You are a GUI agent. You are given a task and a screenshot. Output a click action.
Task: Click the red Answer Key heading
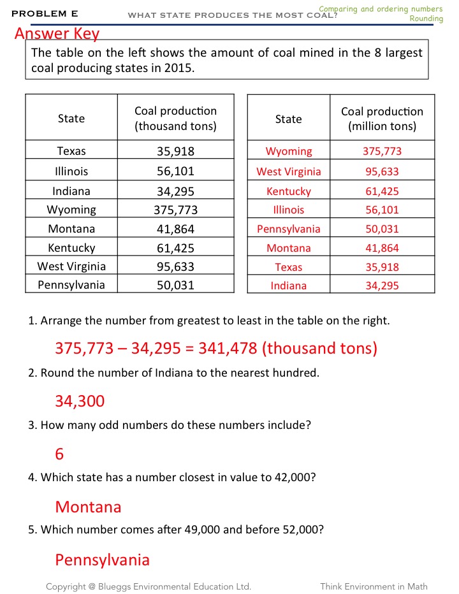(x=57, y=34)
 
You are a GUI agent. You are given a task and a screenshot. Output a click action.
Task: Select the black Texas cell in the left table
(x=71, y=151)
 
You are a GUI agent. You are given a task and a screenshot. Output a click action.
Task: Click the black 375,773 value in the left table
(x=175, y=210)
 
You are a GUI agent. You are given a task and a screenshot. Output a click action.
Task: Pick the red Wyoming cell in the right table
(x=289, y=151)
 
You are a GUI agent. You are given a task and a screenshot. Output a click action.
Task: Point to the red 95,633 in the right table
(x=382, y=171)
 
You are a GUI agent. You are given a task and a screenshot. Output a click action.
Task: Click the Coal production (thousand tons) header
(x=175, y=119)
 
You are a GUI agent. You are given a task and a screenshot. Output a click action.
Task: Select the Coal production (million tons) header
(x=382, y=119)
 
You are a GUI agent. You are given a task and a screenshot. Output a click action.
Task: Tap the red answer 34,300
(x=80, y=401)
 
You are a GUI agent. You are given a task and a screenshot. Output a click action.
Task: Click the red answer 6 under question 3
(x=60, y=454)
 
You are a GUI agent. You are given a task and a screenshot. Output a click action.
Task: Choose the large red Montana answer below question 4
(x=88, y=507)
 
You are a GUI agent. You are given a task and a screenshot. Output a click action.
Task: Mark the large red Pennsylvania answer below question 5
(x=102, y=560)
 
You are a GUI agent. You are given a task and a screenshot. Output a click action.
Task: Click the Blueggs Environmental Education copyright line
(x=149, y=586)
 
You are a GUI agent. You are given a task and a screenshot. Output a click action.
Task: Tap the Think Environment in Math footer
(x=374, y=586)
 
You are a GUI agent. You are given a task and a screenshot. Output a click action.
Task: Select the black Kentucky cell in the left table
(x=71, y=248)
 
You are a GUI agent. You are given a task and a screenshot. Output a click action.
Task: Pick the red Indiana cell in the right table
(x=289, y=286)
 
